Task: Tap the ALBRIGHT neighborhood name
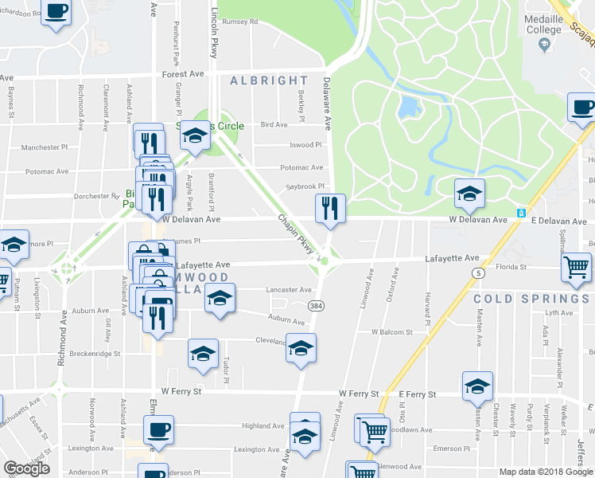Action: click(268, 80)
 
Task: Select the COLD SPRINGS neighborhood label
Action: click(523, 299)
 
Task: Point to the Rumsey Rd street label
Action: click(241, 22)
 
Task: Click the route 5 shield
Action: click(479, 272)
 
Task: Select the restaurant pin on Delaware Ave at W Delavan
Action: click(329, 209)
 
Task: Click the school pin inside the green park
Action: click(469, 193)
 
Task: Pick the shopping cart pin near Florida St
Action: click(576, 268)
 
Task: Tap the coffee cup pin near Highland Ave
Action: click(157, 431)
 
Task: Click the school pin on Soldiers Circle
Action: click(195, 136)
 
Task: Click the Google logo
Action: click(27, 468)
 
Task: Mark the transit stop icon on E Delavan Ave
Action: click(521, 213)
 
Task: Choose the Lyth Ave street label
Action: click(546, 313)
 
